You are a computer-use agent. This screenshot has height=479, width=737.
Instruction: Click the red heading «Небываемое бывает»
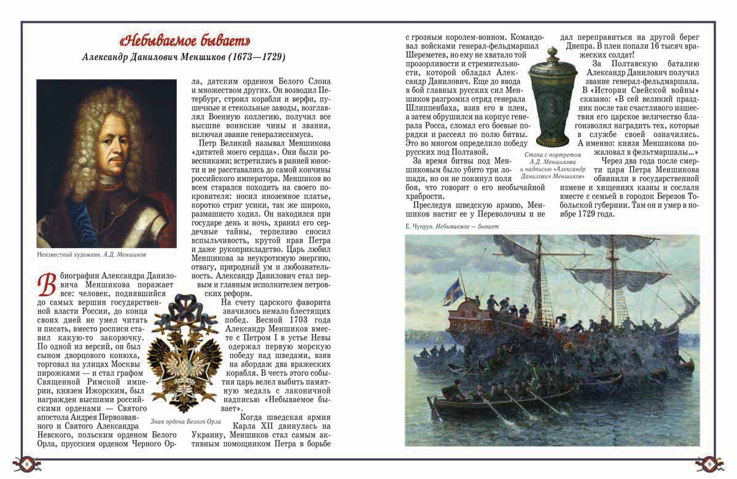[184, 41]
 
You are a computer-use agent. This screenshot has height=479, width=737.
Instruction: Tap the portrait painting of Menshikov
[106, 163]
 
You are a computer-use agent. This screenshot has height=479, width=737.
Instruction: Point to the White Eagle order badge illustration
[181, 353]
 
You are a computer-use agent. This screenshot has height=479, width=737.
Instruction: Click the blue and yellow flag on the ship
[456, 287]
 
